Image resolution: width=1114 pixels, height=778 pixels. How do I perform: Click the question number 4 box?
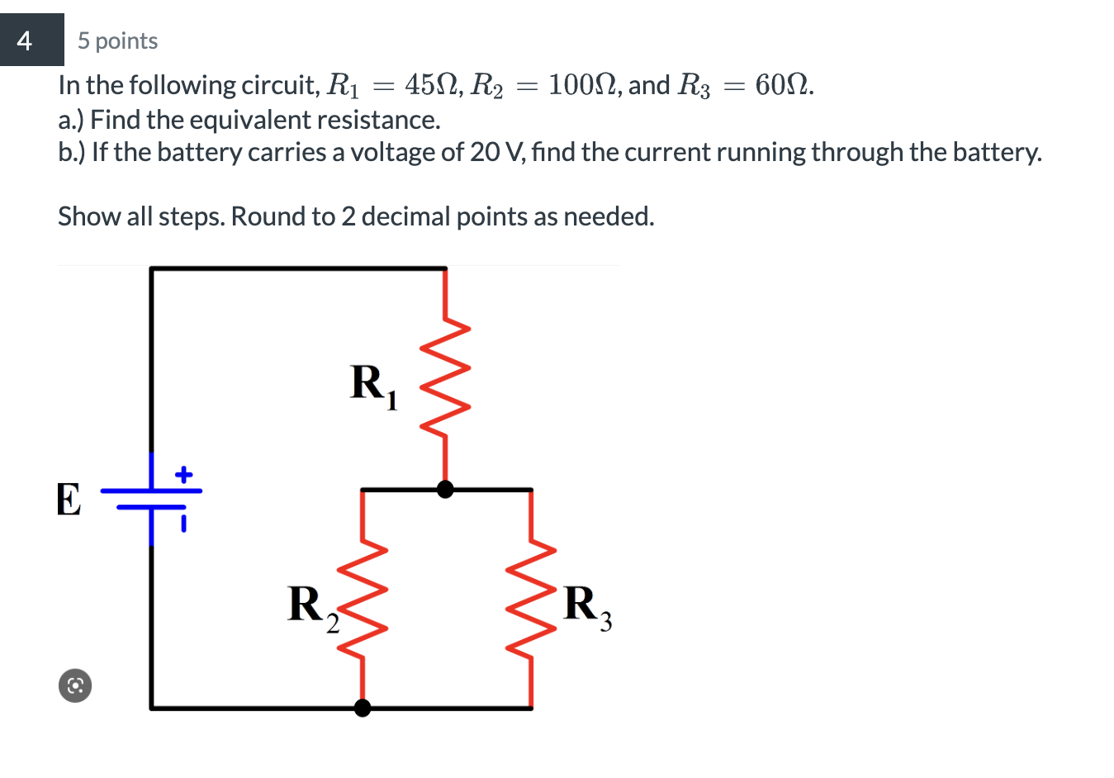(x=31, y=40)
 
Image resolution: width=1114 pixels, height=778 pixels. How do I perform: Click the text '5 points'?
(x=117, y=41)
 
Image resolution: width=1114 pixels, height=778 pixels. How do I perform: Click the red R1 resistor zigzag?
(x=446, y=377)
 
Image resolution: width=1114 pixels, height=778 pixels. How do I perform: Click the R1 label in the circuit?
(x=372, y=386)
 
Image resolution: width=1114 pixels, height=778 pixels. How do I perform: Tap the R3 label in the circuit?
(x=587, y=607)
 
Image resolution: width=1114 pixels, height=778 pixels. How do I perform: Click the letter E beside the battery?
(x=69, y=500)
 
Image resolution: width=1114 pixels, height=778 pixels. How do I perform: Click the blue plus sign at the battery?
(x=183, y=475)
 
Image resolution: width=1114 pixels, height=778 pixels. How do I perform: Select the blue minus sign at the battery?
(x=183, y=523)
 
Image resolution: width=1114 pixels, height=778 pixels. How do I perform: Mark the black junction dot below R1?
(x=445, y=490)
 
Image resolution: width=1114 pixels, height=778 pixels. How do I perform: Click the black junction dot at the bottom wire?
(x=362, y=708)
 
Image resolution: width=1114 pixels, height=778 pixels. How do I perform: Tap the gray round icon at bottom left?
(x=75, y=685)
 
